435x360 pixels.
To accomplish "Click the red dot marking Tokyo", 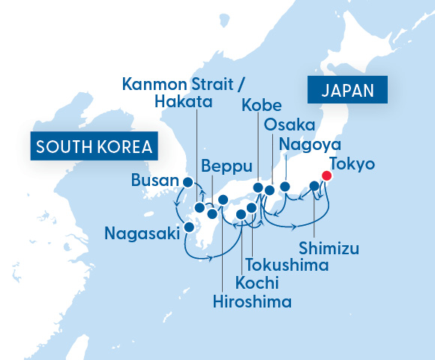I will point(326,175).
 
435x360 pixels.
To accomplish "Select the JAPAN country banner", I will point(346,91).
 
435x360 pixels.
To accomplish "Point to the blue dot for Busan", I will point(187,181).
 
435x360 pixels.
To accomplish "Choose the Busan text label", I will point(155,181).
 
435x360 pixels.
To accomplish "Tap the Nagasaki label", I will point(142,233).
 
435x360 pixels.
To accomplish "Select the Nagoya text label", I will point(310,144).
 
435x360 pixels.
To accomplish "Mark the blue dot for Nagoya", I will point(285,186).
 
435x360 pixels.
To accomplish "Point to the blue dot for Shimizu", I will point(314,185).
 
